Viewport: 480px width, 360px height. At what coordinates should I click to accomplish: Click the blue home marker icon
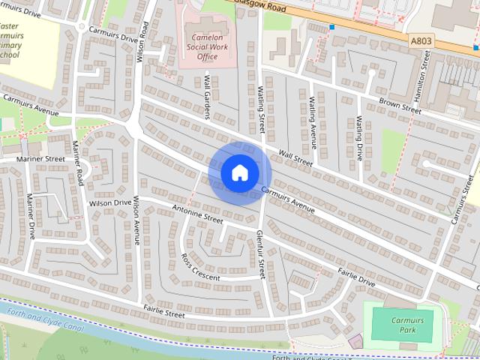point(239,173)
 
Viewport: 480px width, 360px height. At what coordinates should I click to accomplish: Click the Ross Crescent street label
point(200,268)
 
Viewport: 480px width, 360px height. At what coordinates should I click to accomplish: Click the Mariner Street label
point(41,159)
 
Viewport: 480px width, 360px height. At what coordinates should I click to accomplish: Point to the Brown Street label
point(399,106)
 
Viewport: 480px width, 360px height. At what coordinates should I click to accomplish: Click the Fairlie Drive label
point(355,277)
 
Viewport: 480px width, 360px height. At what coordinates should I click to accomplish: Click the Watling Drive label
point(359,139)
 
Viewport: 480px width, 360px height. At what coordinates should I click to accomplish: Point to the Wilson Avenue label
point(136,221)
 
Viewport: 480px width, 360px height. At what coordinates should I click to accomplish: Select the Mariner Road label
point(77,165)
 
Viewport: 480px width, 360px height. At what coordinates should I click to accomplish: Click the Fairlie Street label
point(163,312)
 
